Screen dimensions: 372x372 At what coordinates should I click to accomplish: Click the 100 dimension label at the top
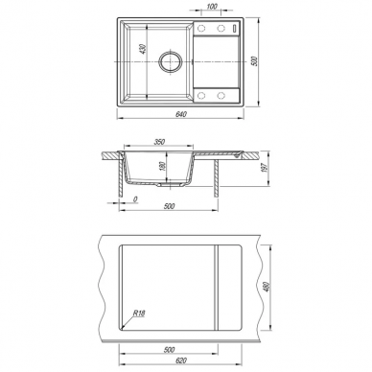point(212,7)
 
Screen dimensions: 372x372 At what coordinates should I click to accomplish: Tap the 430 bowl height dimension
point(144,49)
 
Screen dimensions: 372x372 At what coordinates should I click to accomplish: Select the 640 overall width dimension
point(180,114)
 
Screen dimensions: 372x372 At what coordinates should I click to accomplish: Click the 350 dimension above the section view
point(159,142)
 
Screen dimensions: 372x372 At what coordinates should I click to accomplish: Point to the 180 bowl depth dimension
point(162,167)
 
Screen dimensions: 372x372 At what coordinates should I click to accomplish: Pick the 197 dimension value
point(264,167)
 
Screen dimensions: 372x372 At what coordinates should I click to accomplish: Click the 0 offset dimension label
point(135,199)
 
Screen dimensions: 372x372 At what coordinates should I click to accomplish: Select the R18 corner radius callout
point(139,314)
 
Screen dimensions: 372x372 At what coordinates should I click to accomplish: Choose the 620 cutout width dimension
point(181,361)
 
